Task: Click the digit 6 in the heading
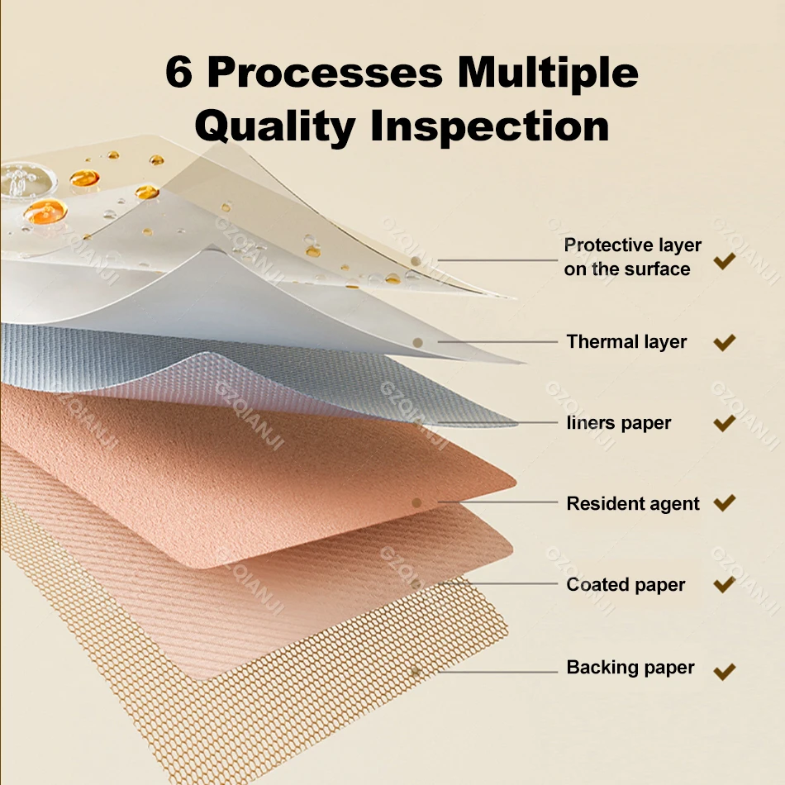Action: pos(181,73)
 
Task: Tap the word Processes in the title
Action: pos(325,73)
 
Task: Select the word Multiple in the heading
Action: pos(549,73)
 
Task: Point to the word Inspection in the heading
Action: pos(489,126)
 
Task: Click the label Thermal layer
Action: pos(626,342)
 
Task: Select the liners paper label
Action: pos(619,423)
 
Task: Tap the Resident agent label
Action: pos(633,504)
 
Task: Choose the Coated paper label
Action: pos(626,585)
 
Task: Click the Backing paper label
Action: pos(630,668)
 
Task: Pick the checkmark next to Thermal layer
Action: pos(724,342)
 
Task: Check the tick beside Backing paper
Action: pos(724,670)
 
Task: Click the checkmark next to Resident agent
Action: pos(724,503)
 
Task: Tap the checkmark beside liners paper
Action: pos(724,424)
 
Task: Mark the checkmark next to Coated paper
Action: pos(724,585)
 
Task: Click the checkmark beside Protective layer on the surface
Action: pos(724,261)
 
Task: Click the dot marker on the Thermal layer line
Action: pos(417,342)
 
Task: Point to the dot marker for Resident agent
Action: pos(416,502)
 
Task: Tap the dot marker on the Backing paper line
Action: pos(416,672)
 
